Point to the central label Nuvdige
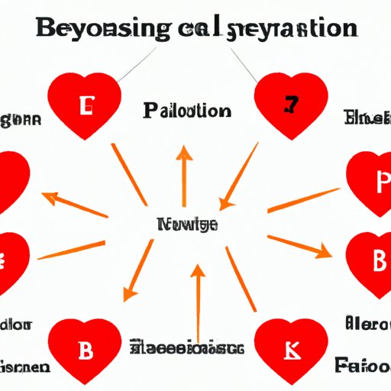point(187,225)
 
